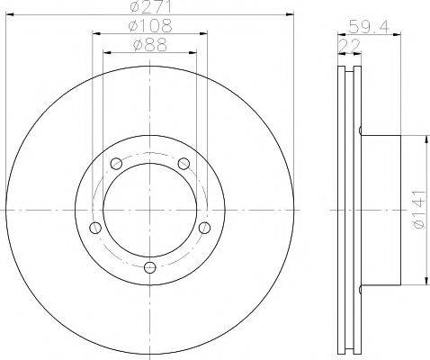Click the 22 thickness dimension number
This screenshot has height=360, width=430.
pos(345,45)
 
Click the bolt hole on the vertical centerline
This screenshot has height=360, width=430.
pos(149,267)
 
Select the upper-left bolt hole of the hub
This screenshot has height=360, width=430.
pos(115,164)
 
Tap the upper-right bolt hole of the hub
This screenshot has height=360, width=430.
pos(184,164)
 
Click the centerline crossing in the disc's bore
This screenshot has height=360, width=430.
pos(149,210)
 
